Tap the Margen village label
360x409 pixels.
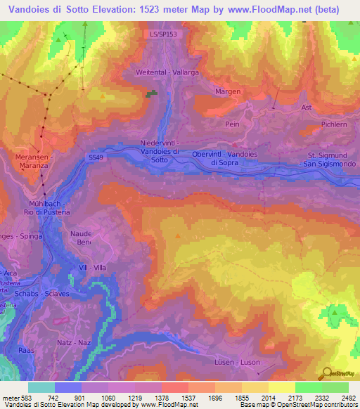coord(228,91)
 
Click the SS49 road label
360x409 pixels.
coord(97,159)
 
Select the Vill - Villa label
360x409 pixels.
coord(93,267)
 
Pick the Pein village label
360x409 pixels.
coord(232,123)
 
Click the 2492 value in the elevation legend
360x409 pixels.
coord(347,398)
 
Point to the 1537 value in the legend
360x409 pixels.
coord(174,398)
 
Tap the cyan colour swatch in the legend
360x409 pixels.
coord(41,387)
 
